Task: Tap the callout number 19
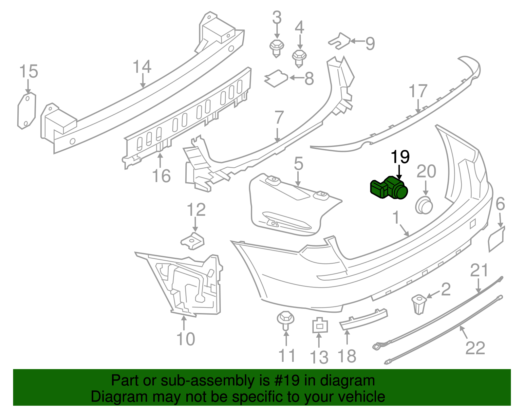400,157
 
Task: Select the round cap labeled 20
424,205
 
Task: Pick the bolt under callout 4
299,58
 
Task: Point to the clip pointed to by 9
339,41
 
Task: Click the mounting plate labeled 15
26,111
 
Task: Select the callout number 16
161,176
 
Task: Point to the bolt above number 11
286,320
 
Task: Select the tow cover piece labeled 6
496,239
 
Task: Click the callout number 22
475,348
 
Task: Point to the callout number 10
186,339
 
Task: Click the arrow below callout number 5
298,179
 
